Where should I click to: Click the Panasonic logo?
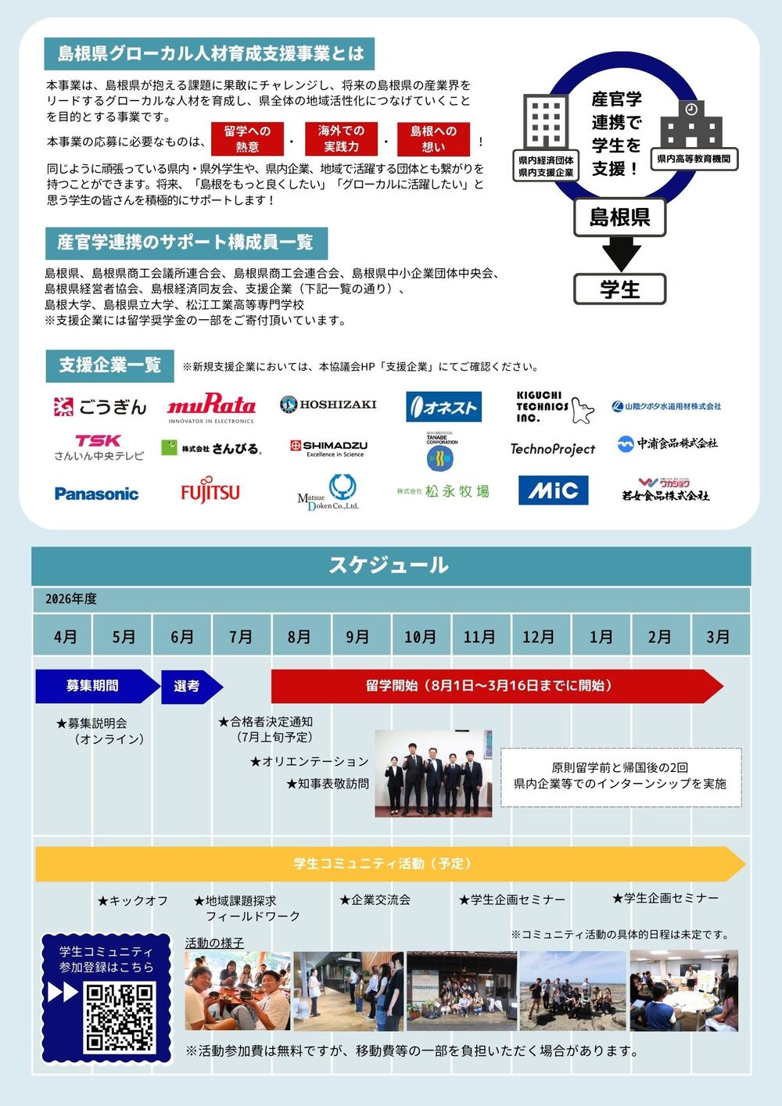click(x=96, y=494)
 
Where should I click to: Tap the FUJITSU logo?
click(x=210, y=491)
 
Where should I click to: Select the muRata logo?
click(x=211, y=407)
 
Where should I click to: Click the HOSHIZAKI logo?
click(x=328, y=404)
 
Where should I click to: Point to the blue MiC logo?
click(x=553, y=490)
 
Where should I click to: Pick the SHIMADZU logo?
click(x=328, y=447)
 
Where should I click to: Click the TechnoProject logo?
click(x=552, y=449)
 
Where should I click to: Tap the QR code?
click(x=119, y=1017)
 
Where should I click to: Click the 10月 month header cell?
click(x=420, y=637)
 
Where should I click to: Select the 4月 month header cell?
click(x=65, y=637)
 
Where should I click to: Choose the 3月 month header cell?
click(x=718, y=637)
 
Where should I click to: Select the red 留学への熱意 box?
click(x=247, y=139)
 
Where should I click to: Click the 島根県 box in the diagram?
click(x=619, y=217)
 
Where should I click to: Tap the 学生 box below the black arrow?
click(x=619, y=289)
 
